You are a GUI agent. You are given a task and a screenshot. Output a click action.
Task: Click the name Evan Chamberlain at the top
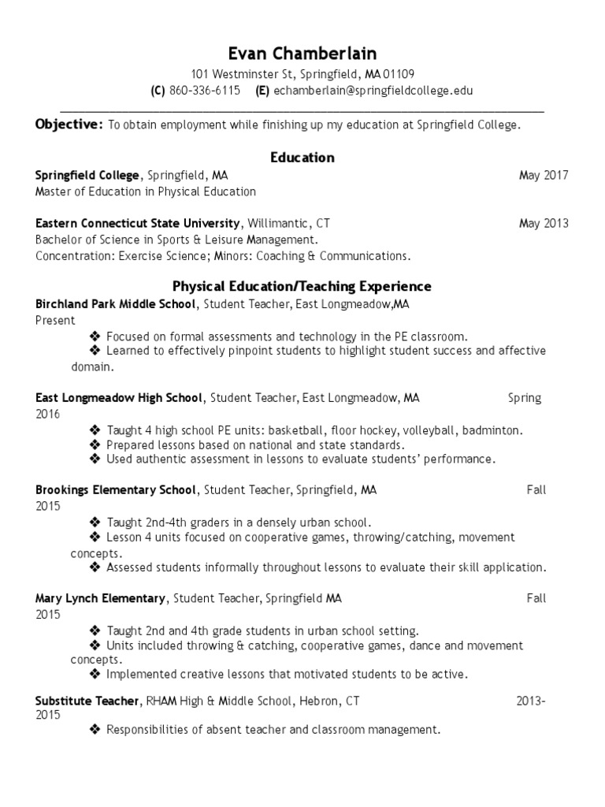pos(302,54)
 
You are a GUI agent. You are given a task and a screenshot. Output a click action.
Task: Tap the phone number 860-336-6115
pos(204,91)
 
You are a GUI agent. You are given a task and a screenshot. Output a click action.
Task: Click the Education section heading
pos(302,158)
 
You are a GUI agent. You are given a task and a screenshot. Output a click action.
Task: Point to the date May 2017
pos(544,176)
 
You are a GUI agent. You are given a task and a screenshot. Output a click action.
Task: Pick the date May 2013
pos(544,223)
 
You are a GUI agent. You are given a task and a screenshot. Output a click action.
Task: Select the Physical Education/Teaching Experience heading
pos(302,286)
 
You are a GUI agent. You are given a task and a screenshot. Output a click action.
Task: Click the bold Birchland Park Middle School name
pos(115,303)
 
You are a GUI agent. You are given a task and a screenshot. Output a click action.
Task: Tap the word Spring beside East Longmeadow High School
pos(525,398)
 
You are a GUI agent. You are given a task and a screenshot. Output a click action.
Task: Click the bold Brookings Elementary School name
pos(115,489)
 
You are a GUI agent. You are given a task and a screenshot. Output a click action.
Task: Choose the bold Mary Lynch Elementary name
pos(100,598)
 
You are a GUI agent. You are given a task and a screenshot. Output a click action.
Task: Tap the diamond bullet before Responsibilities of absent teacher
pos(95,730)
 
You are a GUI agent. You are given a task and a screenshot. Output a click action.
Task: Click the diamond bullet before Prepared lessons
pos(95,444)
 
